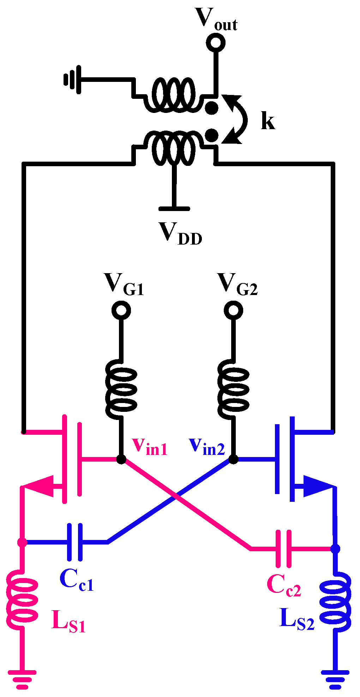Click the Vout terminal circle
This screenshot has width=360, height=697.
216,42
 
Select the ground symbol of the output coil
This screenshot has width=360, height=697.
72,79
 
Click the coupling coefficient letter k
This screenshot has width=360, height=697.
268,121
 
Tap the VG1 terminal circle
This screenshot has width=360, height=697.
121,310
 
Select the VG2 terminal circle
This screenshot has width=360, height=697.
233,310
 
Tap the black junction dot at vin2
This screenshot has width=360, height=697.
233,459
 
